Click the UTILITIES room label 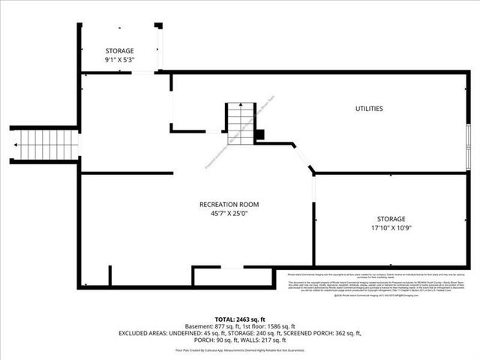[369, 109]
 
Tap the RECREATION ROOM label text [229, 204]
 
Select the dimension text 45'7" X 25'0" [229, 214]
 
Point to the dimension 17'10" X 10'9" [391, 228]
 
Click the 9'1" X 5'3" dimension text [119, 60]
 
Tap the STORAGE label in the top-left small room [119, 51]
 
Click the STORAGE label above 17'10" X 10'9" [391, 219]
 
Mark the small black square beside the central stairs [259, 135]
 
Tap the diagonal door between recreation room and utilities [304, 160]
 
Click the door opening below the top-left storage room [142, 73]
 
